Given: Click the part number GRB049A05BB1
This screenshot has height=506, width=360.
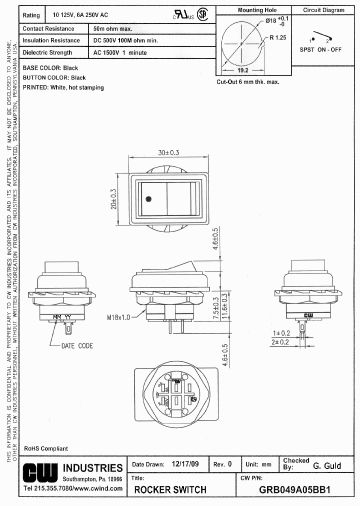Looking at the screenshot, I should (294, 489).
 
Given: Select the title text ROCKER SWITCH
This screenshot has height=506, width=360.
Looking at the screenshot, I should (170, 489).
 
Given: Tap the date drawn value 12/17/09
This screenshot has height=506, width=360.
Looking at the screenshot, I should (184, 464).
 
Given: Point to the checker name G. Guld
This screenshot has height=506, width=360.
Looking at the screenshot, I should (327, 465).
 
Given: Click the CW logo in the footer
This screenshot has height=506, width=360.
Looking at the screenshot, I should (40, 472).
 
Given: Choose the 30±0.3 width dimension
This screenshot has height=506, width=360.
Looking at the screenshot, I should (168, 153).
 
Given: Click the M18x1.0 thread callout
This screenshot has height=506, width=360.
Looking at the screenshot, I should (118, 317).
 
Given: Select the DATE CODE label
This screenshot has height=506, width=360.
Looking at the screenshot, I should (77, 345).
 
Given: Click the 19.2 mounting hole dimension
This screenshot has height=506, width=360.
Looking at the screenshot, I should (242, 70).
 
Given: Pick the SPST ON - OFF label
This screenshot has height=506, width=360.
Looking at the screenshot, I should (320, 49).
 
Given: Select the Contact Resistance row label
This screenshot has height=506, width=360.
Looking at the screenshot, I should (48, 29).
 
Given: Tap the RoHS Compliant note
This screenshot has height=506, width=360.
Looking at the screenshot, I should (46, 448).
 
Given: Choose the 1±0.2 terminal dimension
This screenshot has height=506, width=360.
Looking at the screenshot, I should (296, 333).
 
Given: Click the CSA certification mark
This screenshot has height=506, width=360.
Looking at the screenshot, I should (202, 15).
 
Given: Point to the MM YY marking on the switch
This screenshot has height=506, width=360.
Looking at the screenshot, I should (61, 317).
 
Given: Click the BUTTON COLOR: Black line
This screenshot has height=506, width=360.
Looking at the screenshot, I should (54, 77).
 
